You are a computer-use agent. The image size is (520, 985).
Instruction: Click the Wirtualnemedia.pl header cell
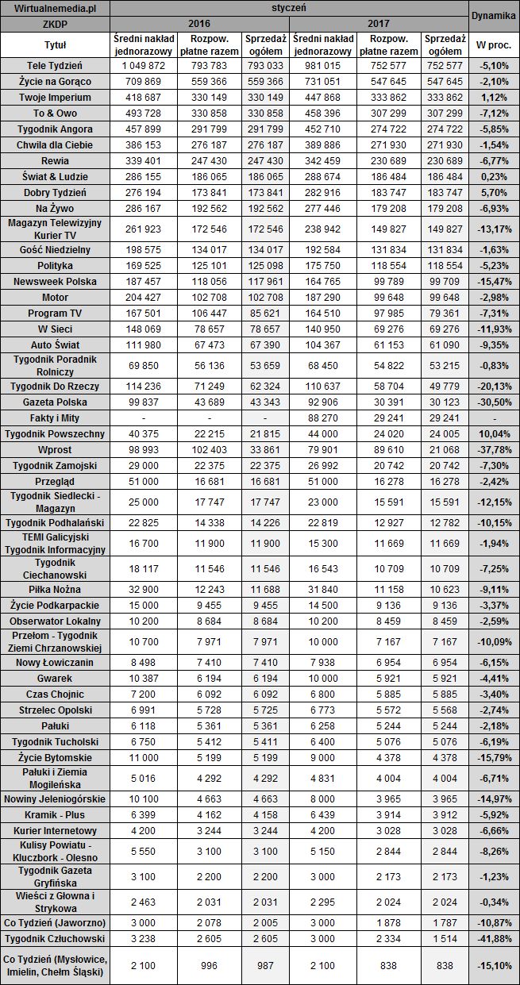point(55,8)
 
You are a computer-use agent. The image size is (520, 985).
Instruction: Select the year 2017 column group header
point(378,24)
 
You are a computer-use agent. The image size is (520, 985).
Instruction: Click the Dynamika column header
point(493,15)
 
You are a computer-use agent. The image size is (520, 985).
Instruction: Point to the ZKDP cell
point(55,24)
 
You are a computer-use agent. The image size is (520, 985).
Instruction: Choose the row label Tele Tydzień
point(55,64)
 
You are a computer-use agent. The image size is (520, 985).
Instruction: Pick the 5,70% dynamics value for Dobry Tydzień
point(493,193)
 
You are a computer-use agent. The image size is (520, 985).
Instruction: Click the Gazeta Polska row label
point(55,402)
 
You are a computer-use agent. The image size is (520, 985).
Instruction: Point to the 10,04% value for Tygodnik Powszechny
point(493,434)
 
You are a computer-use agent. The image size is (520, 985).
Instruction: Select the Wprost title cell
point(55,450)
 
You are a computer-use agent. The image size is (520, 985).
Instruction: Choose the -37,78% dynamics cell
point(493,450)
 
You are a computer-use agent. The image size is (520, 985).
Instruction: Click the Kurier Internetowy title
point(55,830)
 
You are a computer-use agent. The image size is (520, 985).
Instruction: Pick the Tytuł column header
point(55,44)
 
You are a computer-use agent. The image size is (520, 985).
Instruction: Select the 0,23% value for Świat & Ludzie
point(493,176)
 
